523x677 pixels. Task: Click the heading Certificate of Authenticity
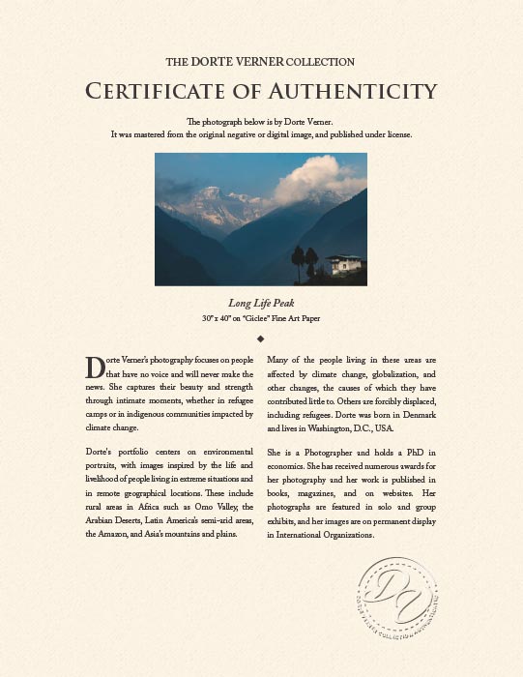coord(261,92)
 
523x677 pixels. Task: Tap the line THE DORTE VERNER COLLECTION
coord(261,62)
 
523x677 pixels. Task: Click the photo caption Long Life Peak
coord(261,302)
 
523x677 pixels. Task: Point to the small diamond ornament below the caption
coord(261,338)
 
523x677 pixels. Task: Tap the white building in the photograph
coord(344,263)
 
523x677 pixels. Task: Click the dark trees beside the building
coord(305,259)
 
